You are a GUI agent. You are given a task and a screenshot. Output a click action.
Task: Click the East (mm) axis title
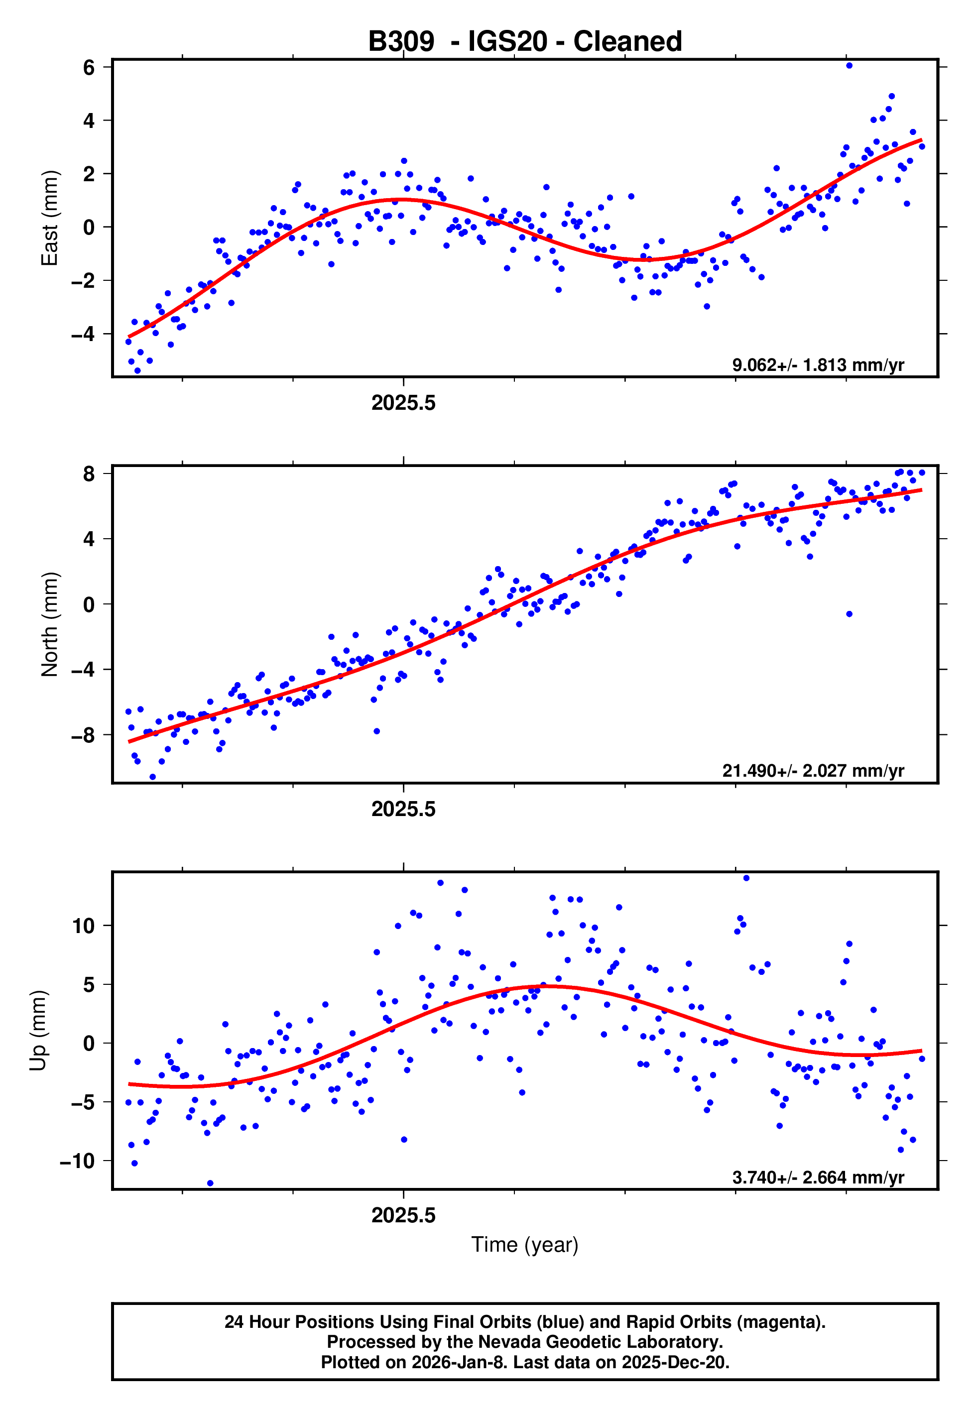tap(50, 219)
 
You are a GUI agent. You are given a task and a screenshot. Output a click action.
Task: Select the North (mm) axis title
tap(50, 624)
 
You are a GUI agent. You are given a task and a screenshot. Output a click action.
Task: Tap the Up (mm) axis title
tap(38, 1031)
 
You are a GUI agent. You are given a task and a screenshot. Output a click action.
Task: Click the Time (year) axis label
tap(525, 1245)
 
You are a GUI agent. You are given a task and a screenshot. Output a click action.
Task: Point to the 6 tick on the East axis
tap(89, 67)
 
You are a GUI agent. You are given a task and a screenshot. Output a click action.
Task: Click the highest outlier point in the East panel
tap(849, 65)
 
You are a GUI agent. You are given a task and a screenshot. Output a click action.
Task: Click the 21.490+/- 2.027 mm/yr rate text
tap(813, 770)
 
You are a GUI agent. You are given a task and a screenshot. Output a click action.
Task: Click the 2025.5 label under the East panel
tap(403, 403)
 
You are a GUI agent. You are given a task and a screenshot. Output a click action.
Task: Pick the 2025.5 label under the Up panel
tap(403, 1215)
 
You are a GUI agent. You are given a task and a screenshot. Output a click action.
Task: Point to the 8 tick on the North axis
tap(89, 473)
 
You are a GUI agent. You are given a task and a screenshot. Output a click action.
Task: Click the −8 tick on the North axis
tap(83, 735)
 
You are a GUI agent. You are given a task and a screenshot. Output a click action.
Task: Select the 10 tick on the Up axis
tap(83, 926)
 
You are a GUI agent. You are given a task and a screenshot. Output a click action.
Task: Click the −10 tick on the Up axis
tap(78, 1161)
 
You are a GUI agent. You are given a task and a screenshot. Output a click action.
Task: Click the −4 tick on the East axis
tap(83, 334)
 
